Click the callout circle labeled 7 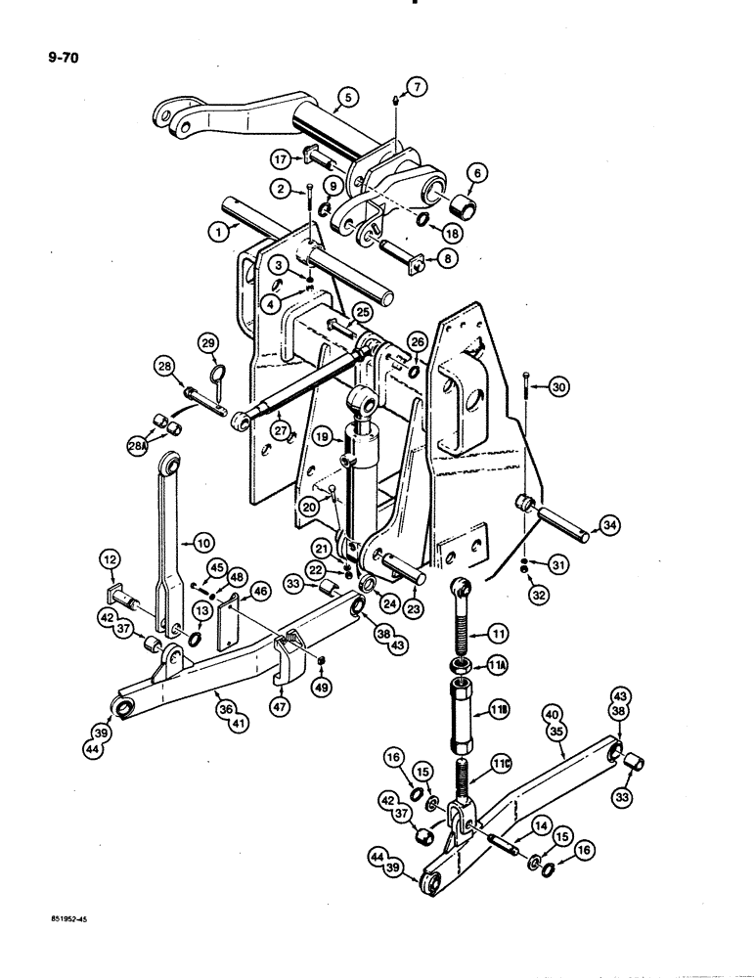point(418,90)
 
